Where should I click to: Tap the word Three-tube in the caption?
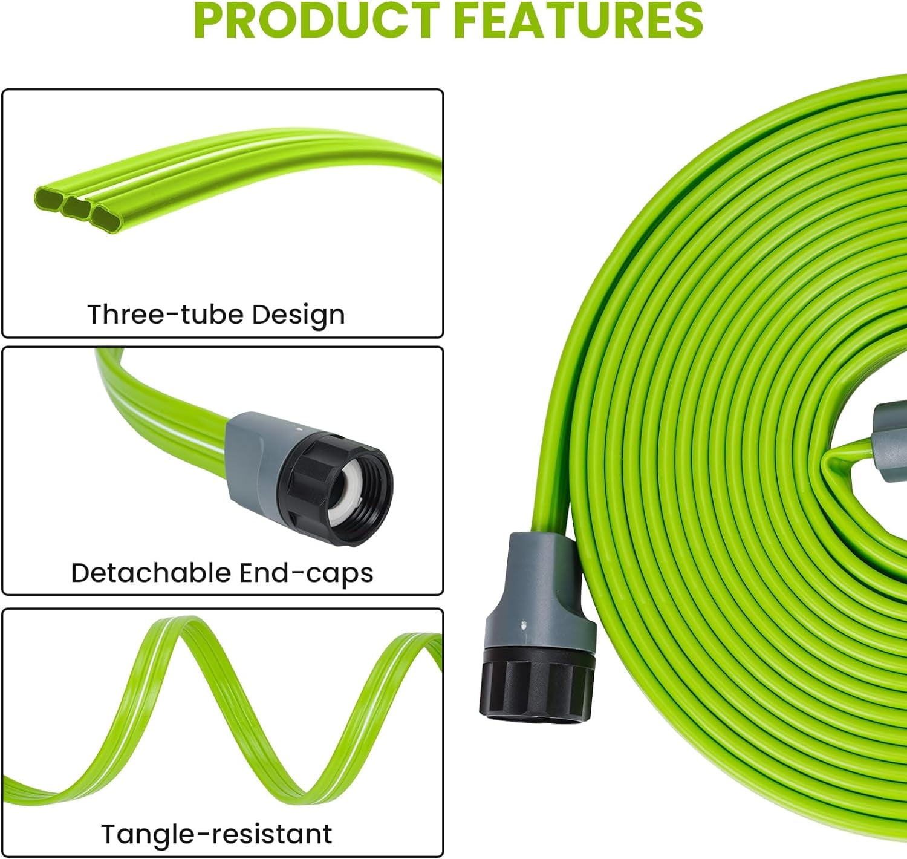165,315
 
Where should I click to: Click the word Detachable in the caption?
151,573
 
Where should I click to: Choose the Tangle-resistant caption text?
216,834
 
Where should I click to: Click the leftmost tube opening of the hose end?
48,197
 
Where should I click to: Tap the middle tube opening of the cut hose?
77,206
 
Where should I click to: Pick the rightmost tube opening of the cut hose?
106,213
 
